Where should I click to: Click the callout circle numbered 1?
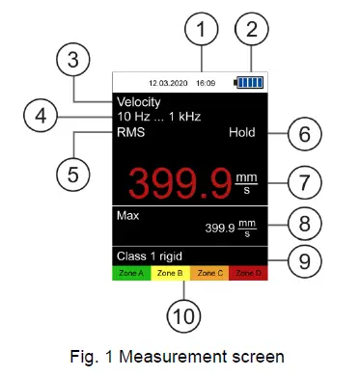pos(201,31)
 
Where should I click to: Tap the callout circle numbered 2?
pos(254,31)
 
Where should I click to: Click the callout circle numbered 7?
pos(301,180)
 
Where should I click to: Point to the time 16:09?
pos(208,83)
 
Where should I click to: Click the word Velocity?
pos(138,101)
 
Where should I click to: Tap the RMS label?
pos(130,133)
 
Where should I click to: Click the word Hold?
pos(241,133)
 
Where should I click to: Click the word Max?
pos(127,214)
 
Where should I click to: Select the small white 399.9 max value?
pos(220,229)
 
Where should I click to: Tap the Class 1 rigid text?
pos(150,256)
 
